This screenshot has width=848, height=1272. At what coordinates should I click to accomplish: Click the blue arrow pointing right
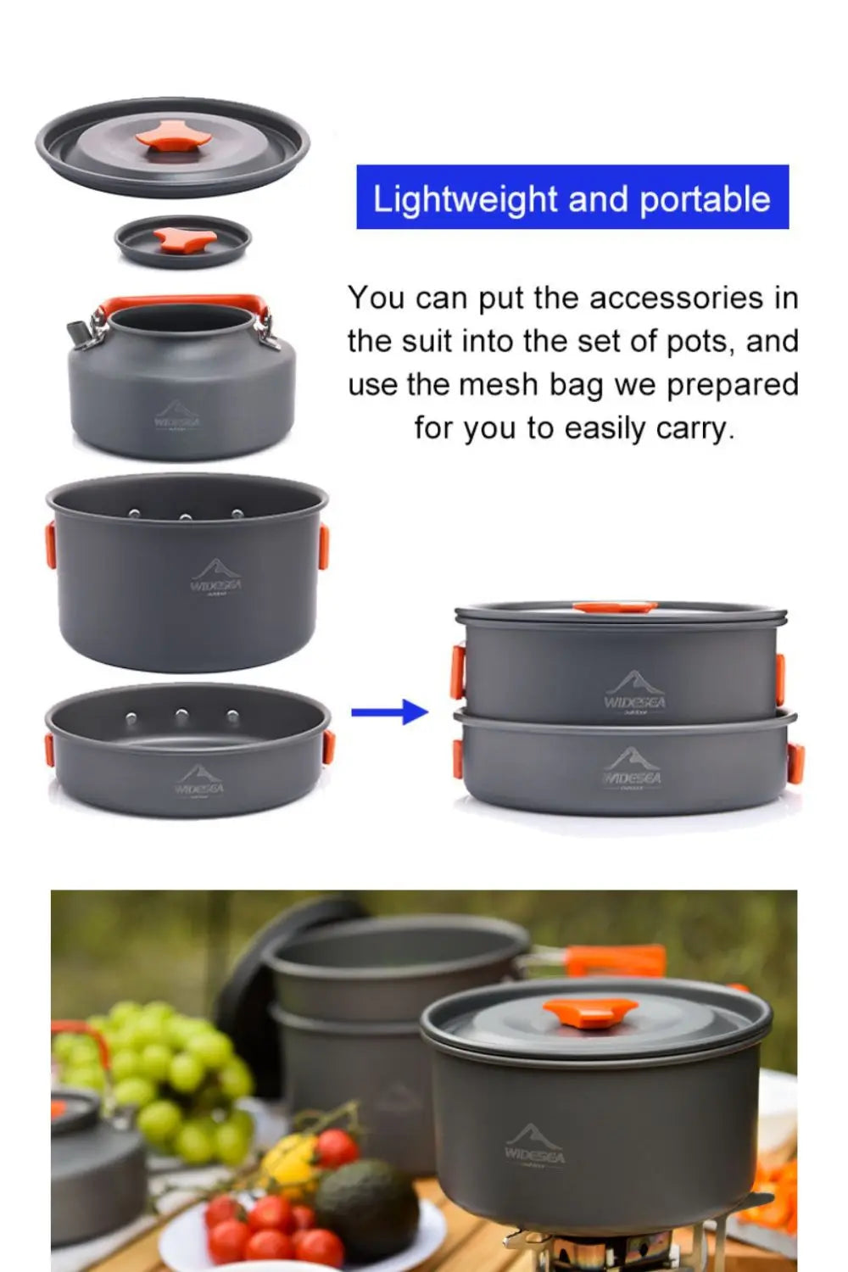pyautogui.click(x=389, y=712)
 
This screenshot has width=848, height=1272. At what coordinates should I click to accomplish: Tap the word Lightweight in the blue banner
pyautogui.click(x=465, y=199)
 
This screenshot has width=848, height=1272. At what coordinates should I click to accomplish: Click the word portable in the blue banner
pyautogui.click(x=705, y=199)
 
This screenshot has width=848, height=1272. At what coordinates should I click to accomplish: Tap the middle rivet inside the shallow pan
pyautogui.click(x=181, y=717)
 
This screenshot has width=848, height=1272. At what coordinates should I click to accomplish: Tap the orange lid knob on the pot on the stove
pyautogui.click(x=590, y=1011)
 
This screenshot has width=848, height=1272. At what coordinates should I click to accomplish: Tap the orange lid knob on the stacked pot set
pyautogui.click(x=615, y=607)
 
